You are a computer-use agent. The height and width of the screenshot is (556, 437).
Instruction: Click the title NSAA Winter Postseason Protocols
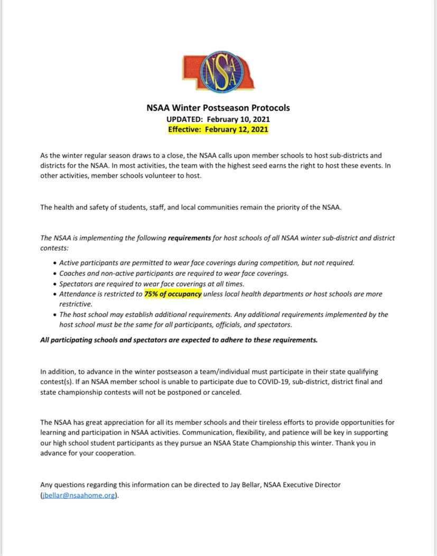pos(218,108)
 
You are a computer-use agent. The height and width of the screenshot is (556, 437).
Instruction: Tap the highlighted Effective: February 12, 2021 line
pos(218,129)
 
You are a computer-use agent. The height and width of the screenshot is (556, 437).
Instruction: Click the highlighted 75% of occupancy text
pos(173,294)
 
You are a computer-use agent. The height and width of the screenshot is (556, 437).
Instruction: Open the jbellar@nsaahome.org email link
pos(78,496)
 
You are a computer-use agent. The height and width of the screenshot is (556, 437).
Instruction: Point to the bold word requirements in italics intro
pos(190,238)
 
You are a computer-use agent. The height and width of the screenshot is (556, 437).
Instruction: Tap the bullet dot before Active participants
pos(56,263)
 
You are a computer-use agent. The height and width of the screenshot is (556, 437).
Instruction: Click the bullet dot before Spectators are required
pos(56,284)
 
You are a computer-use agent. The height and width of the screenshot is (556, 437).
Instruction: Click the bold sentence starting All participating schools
pos(179,340)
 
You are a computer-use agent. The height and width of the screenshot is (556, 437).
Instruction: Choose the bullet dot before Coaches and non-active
pos(56,273)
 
